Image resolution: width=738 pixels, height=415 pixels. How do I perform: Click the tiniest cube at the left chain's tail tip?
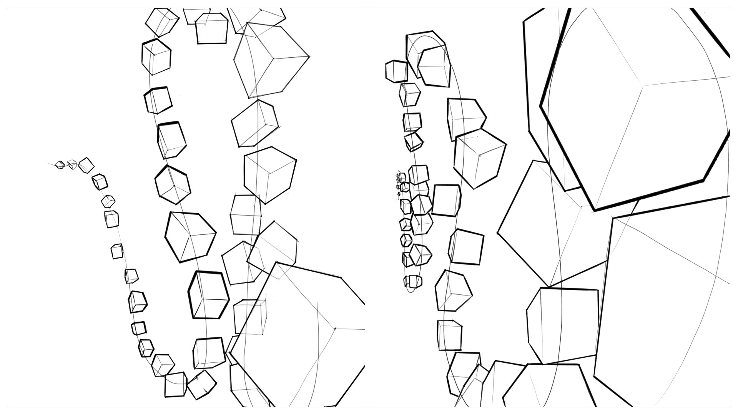[x=60, y=165]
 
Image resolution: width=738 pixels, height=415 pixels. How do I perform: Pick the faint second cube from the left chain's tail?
[x=72, y=164]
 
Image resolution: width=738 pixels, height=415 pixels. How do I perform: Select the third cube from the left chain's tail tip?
[x=86, y=165]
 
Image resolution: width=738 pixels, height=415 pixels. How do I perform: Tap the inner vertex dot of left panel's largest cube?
[x=335, y=329]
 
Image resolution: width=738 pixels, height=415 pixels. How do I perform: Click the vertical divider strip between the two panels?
[x=369, y=207]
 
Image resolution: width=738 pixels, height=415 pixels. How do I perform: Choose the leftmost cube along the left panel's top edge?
[x=162, y=21]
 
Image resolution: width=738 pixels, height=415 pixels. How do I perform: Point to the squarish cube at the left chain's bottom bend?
[x=176, y=384]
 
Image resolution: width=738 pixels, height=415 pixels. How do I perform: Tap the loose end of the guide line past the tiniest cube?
[x=48, y=164]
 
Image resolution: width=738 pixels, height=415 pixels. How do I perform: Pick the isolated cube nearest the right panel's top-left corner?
[x=396, y=71]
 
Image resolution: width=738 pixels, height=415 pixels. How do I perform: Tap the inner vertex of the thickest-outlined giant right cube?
[x=642, y=85]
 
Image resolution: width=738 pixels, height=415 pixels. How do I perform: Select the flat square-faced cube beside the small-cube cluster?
[x=446, y=200]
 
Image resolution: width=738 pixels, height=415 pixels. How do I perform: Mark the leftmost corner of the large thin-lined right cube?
[x=498, y=232]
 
